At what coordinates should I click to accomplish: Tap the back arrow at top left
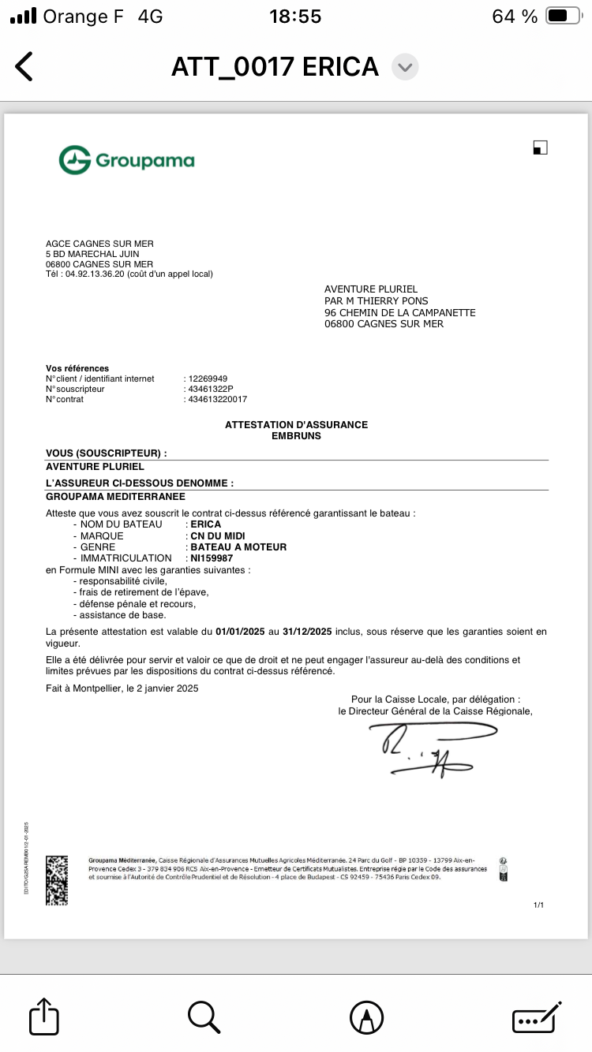pos(24,66)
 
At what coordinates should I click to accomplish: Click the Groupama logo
pos(126,160)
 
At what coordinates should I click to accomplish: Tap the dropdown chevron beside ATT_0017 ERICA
pos(405,67)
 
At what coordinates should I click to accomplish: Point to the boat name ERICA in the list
pos(206,524)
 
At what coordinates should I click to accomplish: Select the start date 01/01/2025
pos(241,632)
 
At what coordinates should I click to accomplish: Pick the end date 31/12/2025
pos(307,632)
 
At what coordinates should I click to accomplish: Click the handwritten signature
pos(426,749)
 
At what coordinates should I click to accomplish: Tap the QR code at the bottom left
pos(58,879)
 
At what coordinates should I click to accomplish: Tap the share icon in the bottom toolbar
pos(44,1017)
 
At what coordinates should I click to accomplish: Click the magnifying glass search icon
pos(204,1017)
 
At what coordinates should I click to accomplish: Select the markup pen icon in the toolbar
pos(366,1017)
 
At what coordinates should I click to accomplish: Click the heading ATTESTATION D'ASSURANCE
pos(296,424)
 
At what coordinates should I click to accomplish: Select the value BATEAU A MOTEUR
pos(238,547)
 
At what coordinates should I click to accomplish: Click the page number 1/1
pos(539,905)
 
